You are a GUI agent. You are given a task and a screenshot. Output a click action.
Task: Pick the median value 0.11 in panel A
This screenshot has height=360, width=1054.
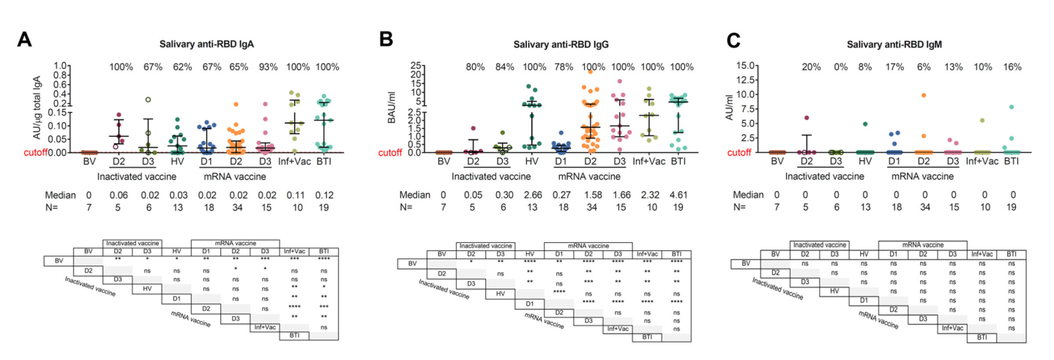[x=294, y=195]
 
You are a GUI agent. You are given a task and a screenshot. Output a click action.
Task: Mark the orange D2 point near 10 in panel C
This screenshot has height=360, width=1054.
[x=918, y=95]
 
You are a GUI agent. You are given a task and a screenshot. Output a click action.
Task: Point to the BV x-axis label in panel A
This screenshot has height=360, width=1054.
[x=89, y=160]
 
